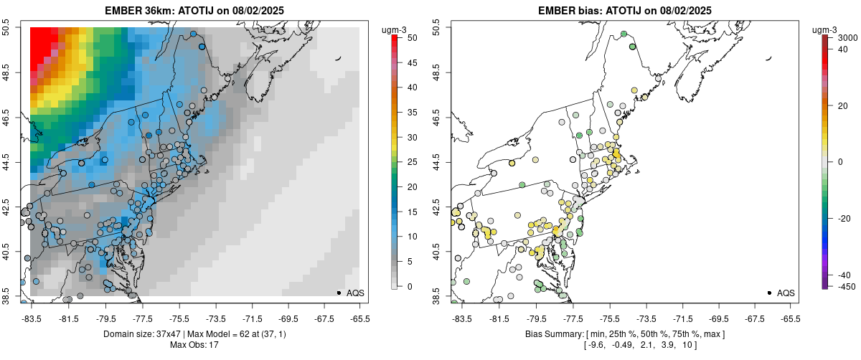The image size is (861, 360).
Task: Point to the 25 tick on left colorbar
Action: [407, 162]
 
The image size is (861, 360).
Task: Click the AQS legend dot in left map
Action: [338, 293]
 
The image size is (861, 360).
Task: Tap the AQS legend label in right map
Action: [786, 293]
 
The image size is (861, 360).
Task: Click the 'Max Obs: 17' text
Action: [194, 346]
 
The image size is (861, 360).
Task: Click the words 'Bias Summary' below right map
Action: [552, 334]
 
